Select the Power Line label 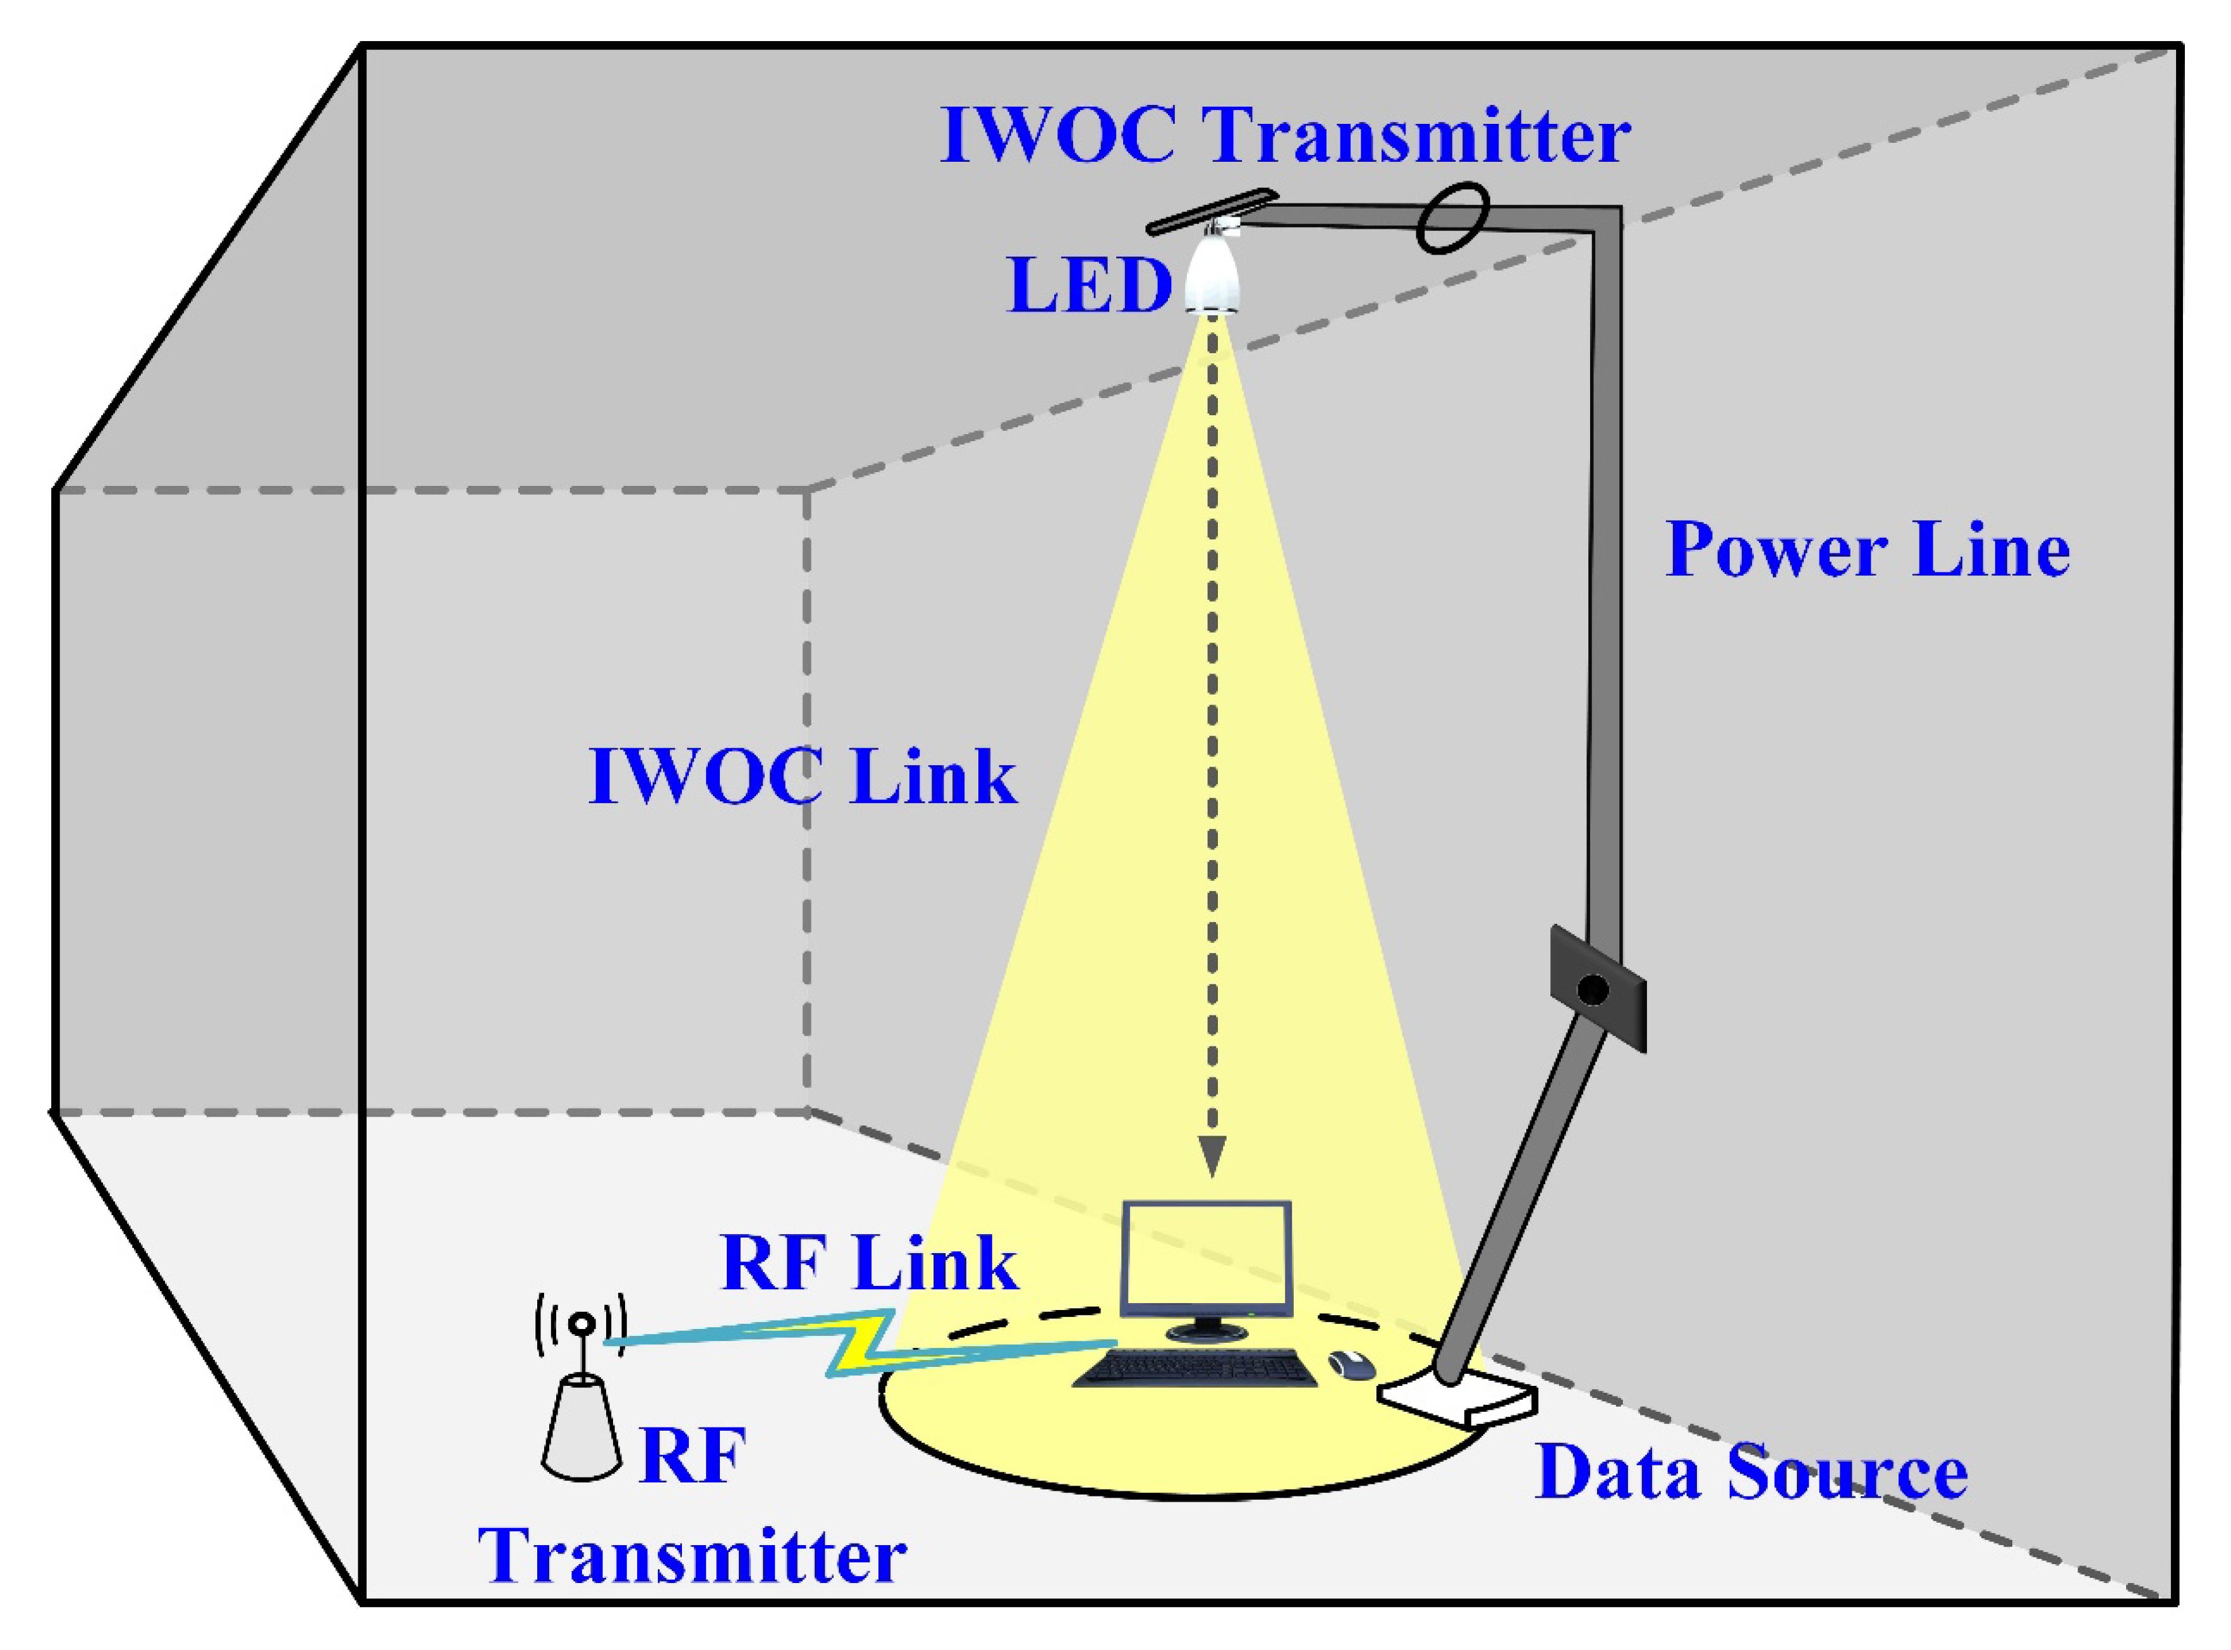point(1866,550)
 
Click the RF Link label point(869,1263)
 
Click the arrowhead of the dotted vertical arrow point(1212,1158)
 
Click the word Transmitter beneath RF point(692,1556)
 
